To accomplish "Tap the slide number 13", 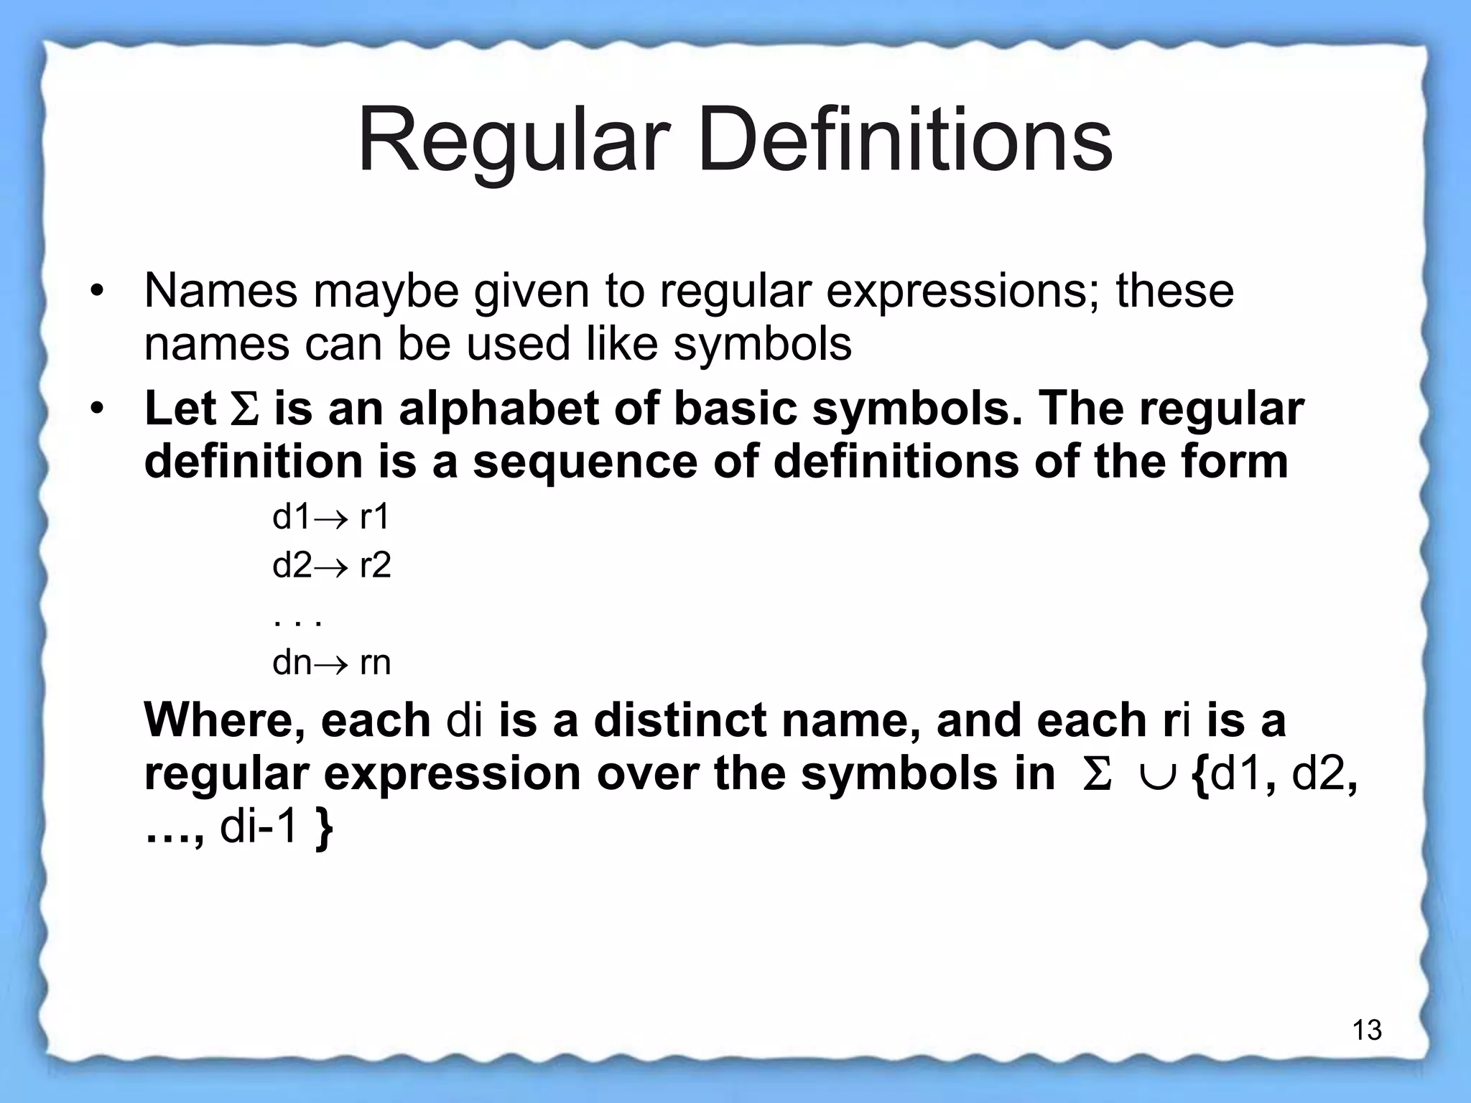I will coord(1367,1030).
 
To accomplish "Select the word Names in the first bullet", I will coord(221,291).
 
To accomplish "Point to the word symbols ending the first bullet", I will coord(762,345).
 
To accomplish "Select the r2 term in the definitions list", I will coord(375,566).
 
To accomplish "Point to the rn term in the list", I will coord(375,663).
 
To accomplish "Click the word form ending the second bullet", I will coord(1242,462).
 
